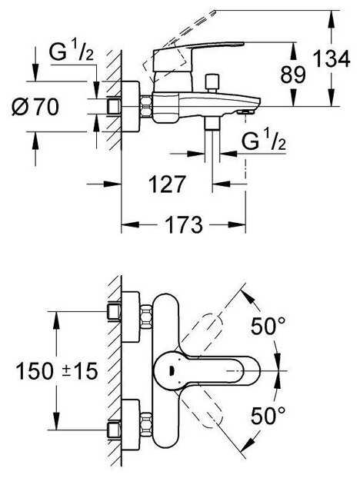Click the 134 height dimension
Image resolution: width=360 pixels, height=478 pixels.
click(x=332, y=59)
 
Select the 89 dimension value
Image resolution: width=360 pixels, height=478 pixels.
click(x=293, y=75)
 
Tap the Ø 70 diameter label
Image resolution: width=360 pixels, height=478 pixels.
click(x=35, y=107)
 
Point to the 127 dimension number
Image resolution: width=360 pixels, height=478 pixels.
click(x=167, y=184)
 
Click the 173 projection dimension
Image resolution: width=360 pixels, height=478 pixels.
click(x=184, y=224)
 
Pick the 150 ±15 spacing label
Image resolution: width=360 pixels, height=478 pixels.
click(x=57, y=371)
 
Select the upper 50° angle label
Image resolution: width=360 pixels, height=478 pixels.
click(x=268, y=326)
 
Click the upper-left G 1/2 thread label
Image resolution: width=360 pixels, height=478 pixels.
click(x=71, y=52)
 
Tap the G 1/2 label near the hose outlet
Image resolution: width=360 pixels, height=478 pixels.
click(x=264, y=141)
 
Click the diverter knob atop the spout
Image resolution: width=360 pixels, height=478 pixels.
click(x=212, y=82)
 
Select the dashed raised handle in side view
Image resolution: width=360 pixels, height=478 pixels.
click(x=178, y=43)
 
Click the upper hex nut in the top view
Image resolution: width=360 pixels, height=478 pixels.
click(x=146, y=317)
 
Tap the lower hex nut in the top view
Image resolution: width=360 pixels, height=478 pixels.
click(x=146, y=424)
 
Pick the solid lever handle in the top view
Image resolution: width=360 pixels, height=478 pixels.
click(x=207, y=370)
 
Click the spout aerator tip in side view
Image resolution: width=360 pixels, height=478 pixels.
click(x=245, y=112)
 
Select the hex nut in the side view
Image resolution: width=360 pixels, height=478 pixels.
click(x=146, y=106)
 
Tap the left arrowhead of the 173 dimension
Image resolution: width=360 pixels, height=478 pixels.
click(x=130, y=224)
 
